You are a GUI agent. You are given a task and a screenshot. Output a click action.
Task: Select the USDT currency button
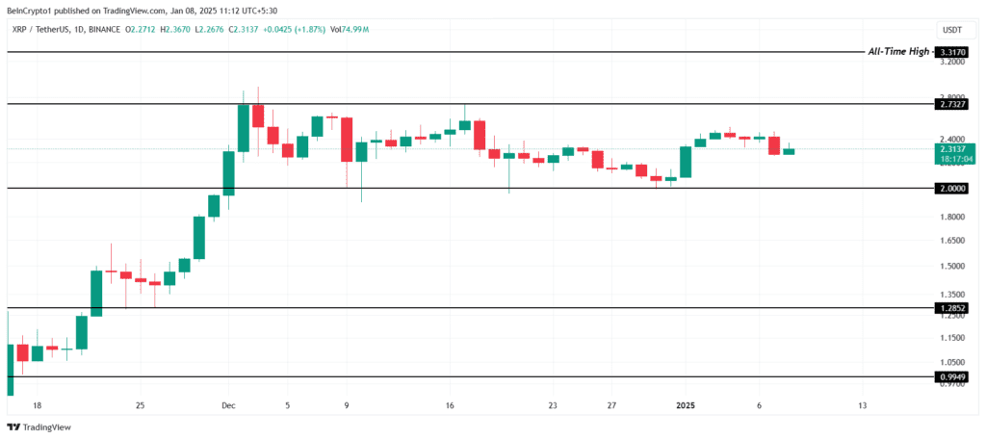[951, 30]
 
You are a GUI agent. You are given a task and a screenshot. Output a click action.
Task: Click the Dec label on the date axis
[227, 406]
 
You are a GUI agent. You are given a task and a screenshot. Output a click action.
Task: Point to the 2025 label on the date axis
[685, 406]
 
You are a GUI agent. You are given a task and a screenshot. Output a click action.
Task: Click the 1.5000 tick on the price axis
[950, 266]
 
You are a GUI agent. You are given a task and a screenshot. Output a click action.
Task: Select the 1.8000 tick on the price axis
[950, 217]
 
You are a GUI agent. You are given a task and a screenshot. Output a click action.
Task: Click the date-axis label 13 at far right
[862, 406]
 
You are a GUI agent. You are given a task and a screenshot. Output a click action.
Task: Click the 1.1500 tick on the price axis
[950, 338]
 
